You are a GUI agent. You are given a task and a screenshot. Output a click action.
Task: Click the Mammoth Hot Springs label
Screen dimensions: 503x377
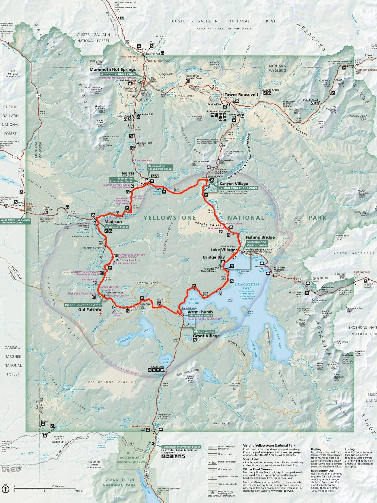113,69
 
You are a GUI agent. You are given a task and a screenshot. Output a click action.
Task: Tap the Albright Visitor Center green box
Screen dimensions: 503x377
118,74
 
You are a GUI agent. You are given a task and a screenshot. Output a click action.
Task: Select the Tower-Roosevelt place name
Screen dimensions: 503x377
241,95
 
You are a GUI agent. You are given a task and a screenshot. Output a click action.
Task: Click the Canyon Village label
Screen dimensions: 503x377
234,184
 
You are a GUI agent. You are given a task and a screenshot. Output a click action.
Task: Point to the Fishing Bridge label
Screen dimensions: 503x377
260,237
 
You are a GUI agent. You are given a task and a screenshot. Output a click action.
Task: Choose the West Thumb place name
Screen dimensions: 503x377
200,312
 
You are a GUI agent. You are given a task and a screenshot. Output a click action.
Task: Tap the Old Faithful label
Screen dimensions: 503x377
90,310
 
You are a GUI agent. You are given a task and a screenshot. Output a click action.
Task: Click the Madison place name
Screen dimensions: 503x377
113,222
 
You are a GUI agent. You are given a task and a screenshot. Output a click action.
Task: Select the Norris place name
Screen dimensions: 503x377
128,173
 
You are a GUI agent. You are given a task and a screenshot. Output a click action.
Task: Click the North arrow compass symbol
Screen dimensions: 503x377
5,489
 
